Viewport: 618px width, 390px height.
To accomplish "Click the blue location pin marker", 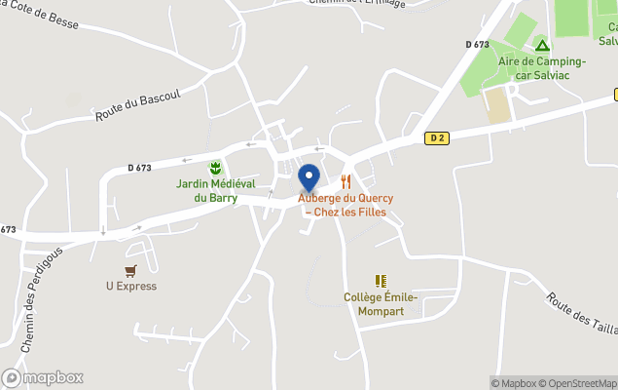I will pos(309,178).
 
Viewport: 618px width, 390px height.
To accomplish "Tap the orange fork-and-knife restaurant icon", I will pos(345,181).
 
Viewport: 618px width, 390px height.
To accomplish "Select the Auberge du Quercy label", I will pos(345,205).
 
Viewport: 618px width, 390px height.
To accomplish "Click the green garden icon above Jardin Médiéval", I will pos(215,168).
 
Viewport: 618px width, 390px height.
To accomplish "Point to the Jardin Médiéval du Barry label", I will pos(215,190).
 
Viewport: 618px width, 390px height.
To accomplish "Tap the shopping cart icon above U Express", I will pos(131,270).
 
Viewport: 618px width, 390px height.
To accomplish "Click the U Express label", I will pos(131,287).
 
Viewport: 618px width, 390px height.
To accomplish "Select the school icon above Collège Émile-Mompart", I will pos(381,281).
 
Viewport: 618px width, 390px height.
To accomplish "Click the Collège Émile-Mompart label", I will pos(381,303).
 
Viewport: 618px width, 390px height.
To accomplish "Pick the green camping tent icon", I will pos(542,45).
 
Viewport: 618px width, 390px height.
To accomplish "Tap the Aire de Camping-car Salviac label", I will pos(542,67).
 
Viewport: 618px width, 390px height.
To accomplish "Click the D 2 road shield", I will pos(436,138).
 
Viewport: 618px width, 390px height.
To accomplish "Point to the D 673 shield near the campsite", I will pos(477,45).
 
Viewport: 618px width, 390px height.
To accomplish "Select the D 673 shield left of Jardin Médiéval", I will pos(139,168).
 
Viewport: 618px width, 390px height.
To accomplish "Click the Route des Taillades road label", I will pos(580,314).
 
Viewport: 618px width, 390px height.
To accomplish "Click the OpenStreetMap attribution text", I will pos(580,383).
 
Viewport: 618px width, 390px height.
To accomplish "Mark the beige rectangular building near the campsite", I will pos(497,105).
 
